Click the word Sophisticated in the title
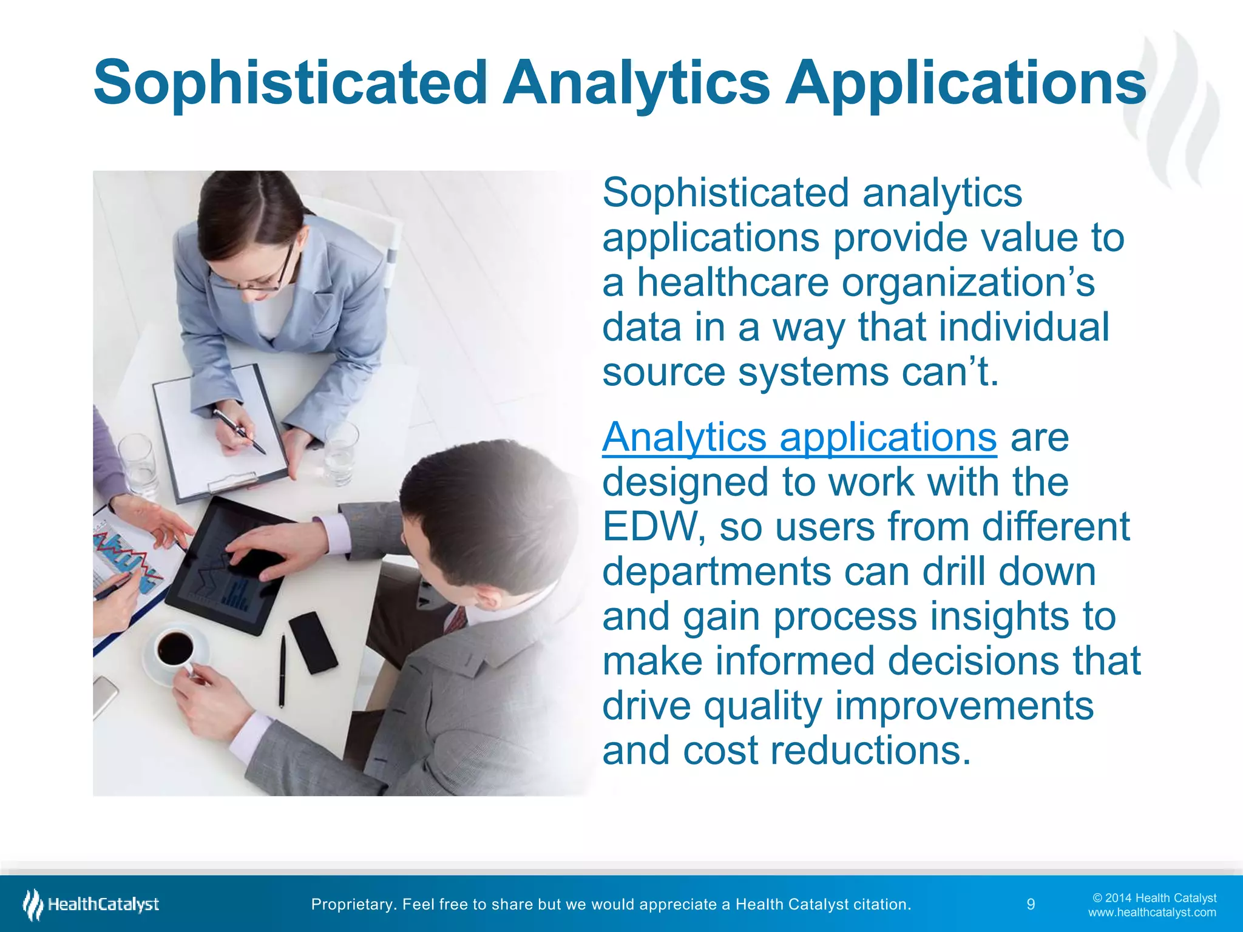290,83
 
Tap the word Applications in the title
965,83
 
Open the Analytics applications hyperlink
799,437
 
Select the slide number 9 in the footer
1031,905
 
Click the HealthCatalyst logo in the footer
91,905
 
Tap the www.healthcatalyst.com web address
1152,913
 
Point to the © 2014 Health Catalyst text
1154,898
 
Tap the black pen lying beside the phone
282,670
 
